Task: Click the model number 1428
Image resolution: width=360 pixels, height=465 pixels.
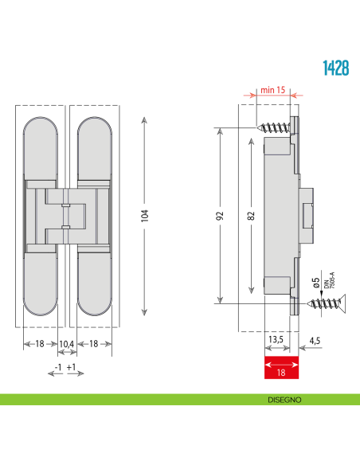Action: coord(335,68)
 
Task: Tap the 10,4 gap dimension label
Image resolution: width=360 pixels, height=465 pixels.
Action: coord(68,343)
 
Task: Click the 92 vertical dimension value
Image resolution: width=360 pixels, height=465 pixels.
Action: coord(221,215)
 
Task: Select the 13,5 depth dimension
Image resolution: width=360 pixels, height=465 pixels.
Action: coord(275,340)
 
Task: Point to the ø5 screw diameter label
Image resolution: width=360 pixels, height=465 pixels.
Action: coord(315,282)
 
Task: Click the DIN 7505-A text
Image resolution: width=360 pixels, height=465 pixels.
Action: coord(325,280)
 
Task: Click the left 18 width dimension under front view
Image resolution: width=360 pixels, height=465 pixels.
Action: coord(40,343)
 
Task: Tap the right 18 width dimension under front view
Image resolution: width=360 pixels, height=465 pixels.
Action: coord(94,343)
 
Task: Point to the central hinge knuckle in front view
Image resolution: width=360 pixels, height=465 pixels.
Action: coord(68,215)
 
